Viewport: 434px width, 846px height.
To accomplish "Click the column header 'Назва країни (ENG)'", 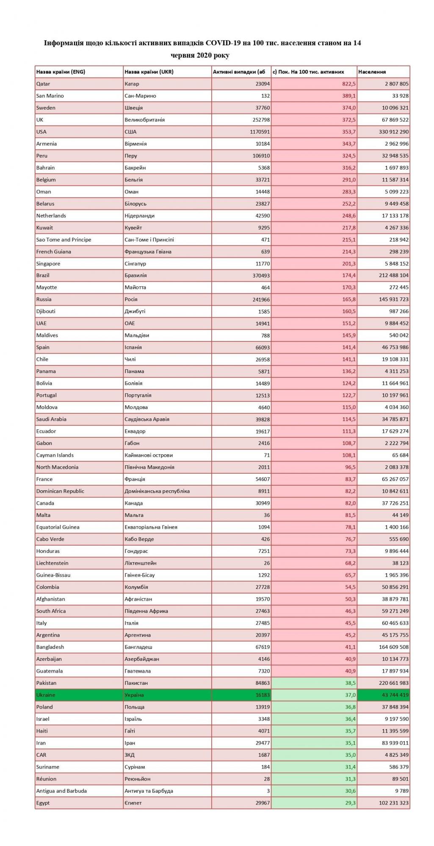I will [61, 71].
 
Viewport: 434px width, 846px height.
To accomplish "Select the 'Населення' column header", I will [372, 71].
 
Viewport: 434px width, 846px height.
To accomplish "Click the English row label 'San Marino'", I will [50, 96].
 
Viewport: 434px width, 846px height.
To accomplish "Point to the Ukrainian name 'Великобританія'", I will [144, 120].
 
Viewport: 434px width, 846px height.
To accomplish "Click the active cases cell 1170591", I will [258, 132].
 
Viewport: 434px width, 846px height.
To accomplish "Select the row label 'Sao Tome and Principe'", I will [64, 239].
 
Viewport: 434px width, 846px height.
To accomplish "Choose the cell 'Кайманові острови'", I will [149, 455].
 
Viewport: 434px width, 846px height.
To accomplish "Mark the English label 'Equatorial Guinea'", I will [58, 527].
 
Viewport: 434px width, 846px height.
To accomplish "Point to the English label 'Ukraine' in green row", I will [46, 695].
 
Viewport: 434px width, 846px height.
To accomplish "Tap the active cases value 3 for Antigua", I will [268, 791].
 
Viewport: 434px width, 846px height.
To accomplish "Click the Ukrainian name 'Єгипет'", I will [133, 803].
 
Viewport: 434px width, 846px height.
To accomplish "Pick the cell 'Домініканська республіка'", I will [157, 491].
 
